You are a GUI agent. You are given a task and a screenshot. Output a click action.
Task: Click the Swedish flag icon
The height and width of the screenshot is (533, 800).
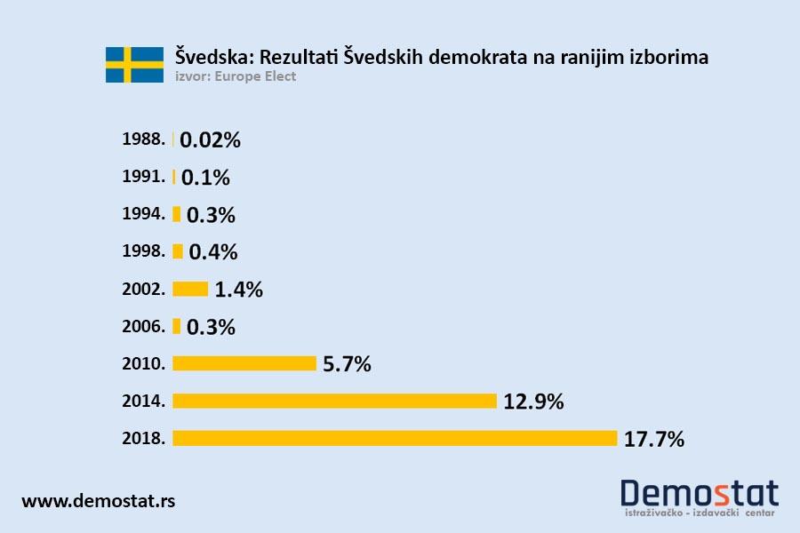(134, 65)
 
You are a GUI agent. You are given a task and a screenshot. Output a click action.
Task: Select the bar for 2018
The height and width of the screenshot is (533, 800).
(395, 438)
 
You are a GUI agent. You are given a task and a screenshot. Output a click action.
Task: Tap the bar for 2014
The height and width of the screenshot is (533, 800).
(334, 401)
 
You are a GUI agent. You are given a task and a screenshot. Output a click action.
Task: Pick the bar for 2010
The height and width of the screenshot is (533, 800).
(244, 363)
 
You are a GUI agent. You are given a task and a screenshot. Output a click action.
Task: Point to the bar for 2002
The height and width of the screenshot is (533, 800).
(190, 289)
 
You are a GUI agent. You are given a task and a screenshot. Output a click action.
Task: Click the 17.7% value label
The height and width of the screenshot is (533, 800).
(654, 439)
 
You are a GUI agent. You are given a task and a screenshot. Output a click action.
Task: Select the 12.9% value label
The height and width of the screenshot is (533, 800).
(533, 402)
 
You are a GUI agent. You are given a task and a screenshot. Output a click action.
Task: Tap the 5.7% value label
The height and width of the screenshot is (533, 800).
(347, 364)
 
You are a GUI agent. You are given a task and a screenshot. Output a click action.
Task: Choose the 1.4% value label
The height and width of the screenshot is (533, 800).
(239, 290)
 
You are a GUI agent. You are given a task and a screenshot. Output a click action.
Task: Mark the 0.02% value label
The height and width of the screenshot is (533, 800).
(211, 140)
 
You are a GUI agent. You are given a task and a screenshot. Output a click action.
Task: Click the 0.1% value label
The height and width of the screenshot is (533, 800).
(205, 178)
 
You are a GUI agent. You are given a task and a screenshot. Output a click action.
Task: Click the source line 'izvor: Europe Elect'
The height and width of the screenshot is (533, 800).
(236, 77)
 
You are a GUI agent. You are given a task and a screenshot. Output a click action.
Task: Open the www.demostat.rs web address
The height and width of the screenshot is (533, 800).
(98, 501)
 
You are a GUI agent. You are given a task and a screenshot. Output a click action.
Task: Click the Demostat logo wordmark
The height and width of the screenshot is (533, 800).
(699, 494)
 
